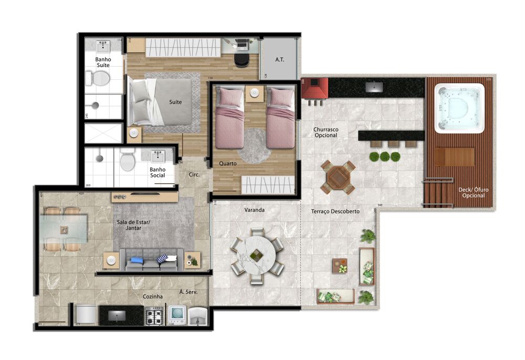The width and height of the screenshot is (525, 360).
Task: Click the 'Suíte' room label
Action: [x=175, y=102]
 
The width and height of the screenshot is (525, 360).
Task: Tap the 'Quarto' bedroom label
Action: [x=228, y=164]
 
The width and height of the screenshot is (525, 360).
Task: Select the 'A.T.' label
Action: [x=279, y=60]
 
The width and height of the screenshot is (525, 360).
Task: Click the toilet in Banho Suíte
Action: [x=100, y=79]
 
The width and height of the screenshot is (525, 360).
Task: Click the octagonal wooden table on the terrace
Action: [x=338, y=177]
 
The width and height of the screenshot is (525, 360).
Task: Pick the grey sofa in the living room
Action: [x=152, y=260]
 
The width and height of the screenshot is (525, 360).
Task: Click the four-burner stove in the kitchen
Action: [x=155, y=316]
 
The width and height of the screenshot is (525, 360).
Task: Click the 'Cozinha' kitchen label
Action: [x=153, y=297]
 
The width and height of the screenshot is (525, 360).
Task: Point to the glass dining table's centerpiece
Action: [x=64, y=229]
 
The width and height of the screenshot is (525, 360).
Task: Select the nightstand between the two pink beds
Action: [x=255, y=93]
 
